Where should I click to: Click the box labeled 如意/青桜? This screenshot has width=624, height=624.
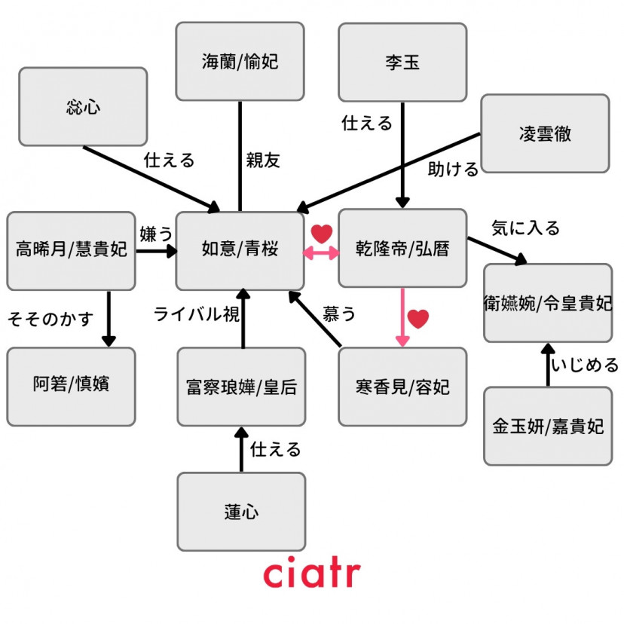click(240, 250)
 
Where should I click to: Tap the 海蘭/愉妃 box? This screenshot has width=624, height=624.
click(240, 61)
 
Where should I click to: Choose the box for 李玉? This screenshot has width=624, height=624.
click(402, 61)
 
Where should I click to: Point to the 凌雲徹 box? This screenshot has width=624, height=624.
click(544, 133)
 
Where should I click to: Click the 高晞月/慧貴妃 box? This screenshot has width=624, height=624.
click(71, 250)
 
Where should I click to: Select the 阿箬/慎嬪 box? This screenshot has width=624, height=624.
click(71, 386)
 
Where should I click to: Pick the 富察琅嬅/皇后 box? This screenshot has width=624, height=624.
click(241, 387)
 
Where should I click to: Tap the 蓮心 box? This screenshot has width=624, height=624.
click(241, 512)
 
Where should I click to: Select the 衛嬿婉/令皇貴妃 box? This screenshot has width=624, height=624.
click(547, 303)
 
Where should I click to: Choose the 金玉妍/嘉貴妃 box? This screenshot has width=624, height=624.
click(547, 426)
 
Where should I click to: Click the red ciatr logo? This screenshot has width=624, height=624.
click(311, 574)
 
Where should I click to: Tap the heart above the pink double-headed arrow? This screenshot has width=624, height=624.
click(322, 234)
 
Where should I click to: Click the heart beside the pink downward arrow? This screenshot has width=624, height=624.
click(418, 319)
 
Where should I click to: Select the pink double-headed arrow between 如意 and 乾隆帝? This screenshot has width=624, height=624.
click(321, 254)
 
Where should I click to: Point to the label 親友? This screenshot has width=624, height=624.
click(263, 161)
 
